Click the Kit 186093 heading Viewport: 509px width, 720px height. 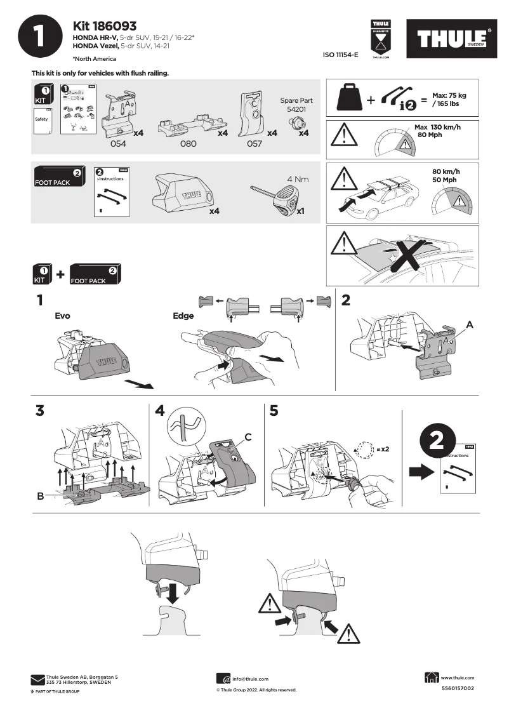point(105,26)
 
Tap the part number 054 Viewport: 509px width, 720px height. point(119,144)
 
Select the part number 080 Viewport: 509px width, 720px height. point(188,144)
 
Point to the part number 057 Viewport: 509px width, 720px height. point(254,144)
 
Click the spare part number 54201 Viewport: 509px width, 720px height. point(296,109)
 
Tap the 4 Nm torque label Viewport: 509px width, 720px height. point(298,180)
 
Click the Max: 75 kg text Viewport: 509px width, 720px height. point(449,95)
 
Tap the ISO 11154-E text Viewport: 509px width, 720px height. point(341,55)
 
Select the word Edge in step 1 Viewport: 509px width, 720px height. point(183,315)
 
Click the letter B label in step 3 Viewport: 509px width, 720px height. point(41,496)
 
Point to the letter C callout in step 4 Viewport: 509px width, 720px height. point(248,436)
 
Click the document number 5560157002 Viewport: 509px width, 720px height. point(457,688)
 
